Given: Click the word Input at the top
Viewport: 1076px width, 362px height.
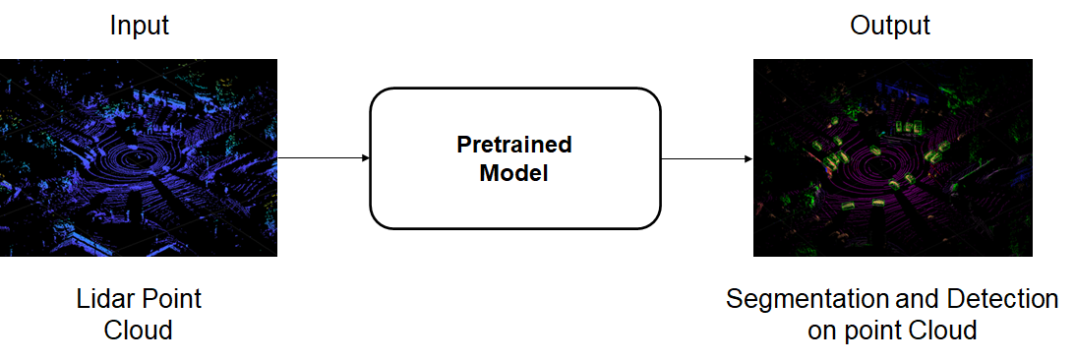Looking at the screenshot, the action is coord(139,26).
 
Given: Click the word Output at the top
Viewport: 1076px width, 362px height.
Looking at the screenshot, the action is coord(889,26).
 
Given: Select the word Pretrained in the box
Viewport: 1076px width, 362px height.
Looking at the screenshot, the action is coord(514,145).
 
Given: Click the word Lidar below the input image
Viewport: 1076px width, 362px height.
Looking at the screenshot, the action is coord(104,299).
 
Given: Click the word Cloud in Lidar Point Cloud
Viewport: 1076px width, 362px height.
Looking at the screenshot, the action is coord(138,331).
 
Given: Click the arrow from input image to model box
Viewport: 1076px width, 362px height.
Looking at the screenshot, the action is coord(324,158).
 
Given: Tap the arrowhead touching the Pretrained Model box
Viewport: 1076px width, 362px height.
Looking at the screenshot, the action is coord(366,158).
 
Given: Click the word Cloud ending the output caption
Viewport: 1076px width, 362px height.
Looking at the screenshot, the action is coord(942,331).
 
